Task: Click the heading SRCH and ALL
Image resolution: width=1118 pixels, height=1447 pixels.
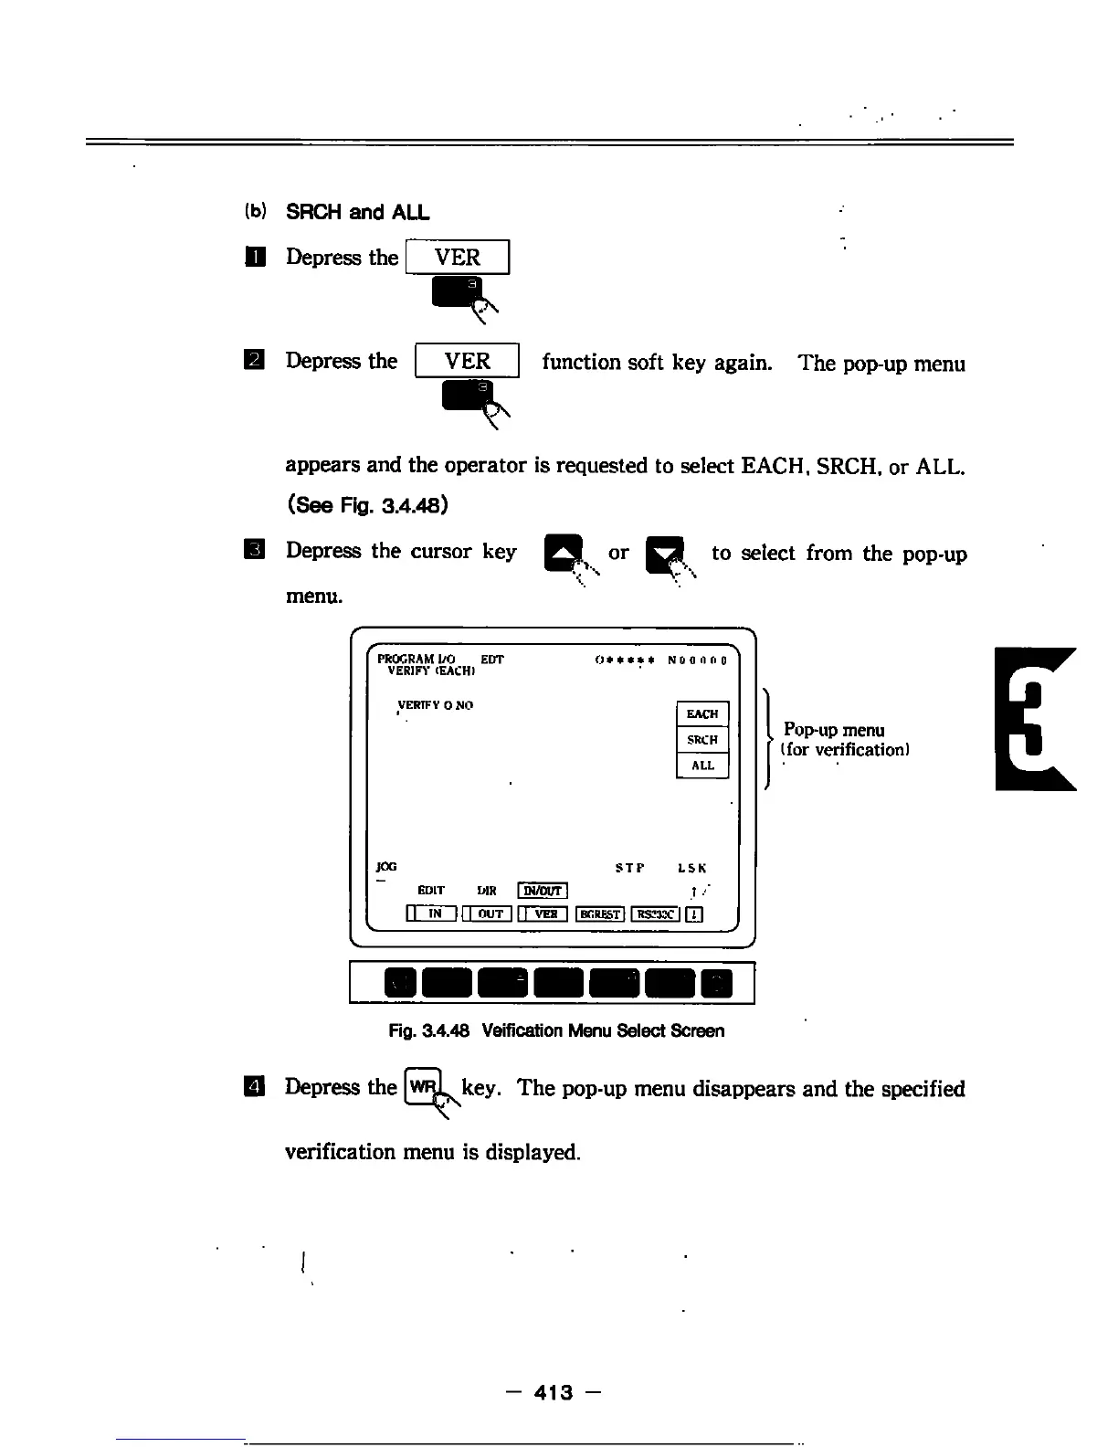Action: [x=357, y=212]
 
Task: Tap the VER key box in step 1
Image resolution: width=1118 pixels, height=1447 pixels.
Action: [x=457, y=258]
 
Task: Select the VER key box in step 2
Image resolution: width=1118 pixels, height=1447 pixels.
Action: [x=467, y=361]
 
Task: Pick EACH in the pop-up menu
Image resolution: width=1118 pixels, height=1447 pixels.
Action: [x=702, y=713]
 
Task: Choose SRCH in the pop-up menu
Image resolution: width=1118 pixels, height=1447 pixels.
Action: [x=702, y=740]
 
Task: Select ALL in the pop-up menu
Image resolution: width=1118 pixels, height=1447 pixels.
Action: [x=702, y=766]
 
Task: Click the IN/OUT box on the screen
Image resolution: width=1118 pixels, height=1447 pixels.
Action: [x=543, y=891]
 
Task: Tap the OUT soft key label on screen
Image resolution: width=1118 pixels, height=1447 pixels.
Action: [x=490, y=914]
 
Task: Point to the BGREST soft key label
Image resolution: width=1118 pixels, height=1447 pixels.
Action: [x=600, y=914]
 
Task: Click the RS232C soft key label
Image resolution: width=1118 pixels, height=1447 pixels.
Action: [x=655, y=914]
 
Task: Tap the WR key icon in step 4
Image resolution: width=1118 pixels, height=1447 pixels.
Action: [x=423, y=1087]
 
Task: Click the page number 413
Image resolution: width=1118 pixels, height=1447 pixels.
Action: [x=554, y=1392]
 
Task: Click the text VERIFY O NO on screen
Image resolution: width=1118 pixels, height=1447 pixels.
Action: [x=435, y=705]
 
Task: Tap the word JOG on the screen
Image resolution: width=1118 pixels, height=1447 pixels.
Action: [x=386, y=867]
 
